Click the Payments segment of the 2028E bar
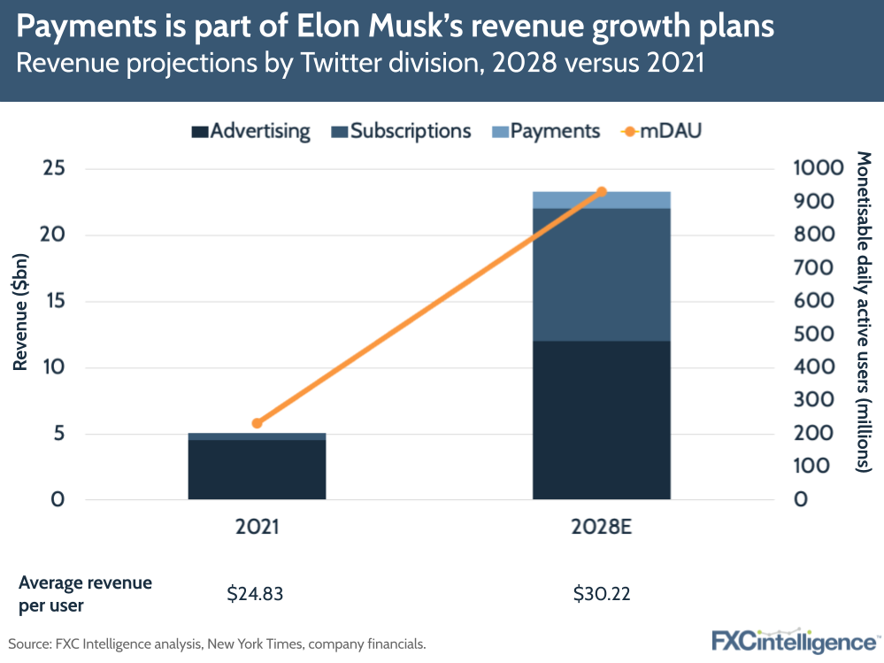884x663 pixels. pos(601,200)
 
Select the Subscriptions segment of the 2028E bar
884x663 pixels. pos(601,274)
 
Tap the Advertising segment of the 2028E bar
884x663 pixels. pos(601,420)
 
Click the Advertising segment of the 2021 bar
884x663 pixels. pos(257,469)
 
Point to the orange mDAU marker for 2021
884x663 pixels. pos(257,423)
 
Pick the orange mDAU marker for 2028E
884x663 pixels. pos(601,192)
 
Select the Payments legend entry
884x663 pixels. pos(546,132)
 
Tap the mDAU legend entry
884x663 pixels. pos(659,132)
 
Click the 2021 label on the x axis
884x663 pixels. pos(257,528)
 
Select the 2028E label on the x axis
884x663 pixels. pos(601,528)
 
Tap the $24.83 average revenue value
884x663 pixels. pos(256,594)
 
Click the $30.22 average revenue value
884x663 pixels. pos(601,594)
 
